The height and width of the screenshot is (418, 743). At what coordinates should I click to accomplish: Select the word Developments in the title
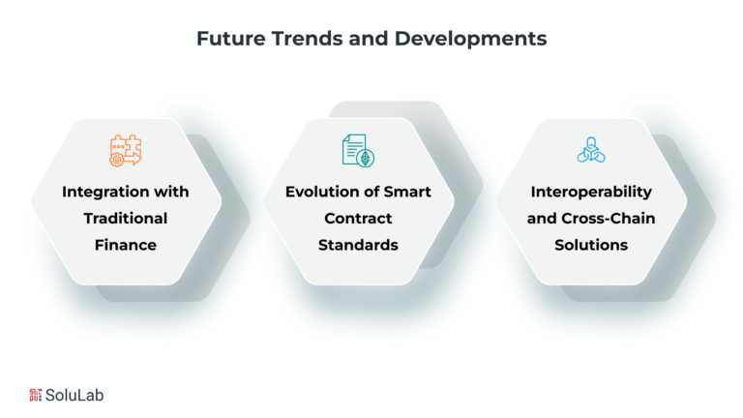pyautogui.click(x=470, y=40)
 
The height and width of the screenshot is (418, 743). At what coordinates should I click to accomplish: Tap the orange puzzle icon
pyautogui.click(x=126, y=150)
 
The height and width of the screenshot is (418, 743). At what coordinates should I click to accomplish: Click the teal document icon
pyautogui.click(x=358, y=150)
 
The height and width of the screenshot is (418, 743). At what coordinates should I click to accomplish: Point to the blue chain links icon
pyautogui.click(x=591, y=150)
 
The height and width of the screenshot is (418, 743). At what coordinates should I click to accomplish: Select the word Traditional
pyautogui.click(x=126, y=218)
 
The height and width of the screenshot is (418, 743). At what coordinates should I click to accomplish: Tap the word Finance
pyautogui.click(x=126, y=245)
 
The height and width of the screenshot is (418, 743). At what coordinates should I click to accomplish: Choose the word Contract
pyautogui.click(x=358, y=218)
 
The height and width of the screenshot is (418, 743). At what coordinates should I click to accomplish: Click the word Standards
pyautogui.click(x=358, y=245)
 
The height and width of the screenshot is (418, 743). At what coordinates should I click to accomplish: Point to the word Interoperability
pyautogui.click(x=591, y=192)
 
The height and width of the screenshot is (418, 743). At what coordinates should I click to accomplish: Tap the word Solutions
pyautogui.click(x=591, y=245)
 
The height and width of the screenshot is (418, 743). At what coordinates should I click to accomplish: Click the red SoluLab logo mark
pyautogui.click(x=36, y=395)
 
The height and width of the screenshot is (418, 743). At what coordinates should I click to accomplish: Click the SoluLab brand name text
pyautogui.click(x=74, y=395)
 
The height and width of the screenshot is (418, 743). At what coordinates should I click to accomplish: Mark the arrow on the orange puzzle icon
pyautogui.click(x=132, y=159)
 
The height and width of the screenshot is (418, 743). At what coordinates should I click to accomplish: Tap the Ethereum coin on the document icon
pyautogui.click(x=366, y=158)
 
